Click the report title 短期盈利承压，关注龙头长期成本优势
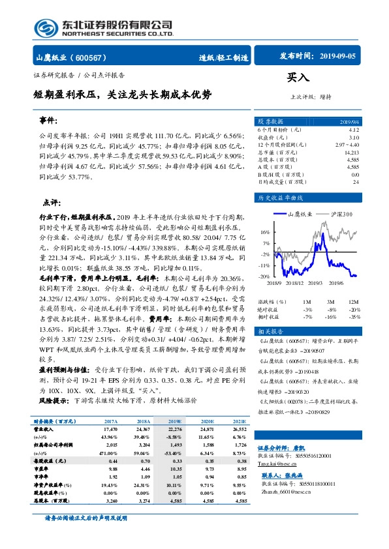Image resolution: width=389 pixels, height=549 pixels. (x=123, y=95)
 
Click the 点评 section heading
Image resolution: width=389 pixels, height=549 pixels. (x=52, y=203)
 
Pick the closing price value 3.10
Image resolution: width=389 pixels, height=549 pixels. (x=353, y=138)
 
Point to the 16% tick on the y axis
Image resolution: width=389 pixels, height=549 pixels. (x=266, y=231)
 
